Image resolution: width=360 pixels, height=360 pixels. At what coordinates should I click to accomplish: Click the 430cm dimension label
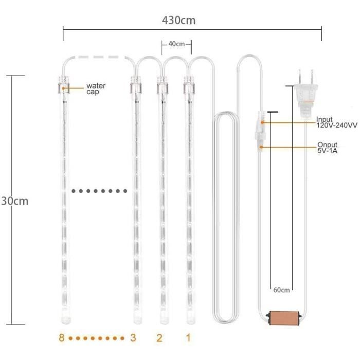178,20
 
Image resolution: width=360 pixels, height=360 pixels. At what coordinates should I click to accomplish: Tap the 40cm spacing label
176,44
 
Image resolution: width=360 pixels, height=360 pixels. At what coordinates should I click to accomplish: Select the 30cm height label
15,201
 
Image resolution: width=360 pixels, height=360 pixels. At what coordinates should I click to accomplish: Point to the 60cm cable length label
281,290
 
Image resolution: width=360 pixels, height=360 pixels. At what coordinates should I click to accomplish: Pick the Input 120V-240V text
336,122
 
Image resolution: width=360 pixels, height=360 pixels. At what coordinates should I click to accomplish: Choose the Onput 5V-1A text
327,148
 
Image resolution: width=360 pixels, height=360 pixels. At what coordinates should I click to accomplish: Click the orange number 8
62,337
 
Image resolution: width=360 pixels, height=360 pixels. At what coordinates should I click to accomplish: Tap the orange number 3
133,337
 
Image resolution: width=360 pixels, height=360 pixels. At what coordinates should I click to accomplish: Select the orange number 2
159,338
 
